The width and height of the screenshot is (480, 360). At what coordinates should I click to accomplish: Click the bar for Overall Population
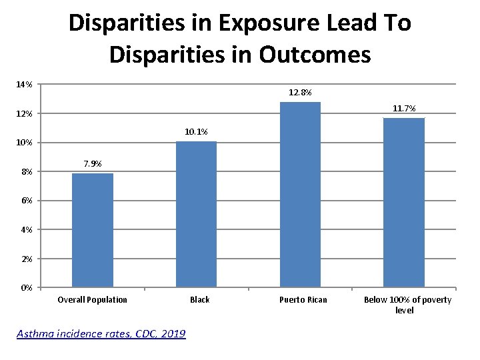(93, 230)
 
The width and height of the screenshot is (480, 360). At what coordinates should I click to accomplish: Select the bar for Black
(196, 214)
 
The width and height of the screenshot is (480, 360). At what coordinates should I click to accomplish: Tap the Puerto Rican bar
(300, 195)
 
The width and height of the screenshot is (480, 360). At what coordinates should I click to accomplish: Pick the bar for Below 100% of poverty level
(404, 203)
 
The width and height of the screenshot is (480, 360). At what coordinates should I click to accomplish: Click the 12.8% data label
(300, 92)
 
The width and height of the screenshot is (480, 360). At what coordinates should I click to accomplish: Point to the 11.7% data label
(404, 108)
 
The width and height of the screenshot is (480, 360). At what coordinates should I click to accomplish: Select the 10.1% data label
(196, 131)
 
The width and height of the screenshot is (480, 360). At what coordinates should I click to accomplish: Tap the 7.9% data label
(93, 163)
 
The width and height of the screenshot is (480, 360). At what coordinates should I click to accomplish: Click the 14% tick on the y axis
(24, 85)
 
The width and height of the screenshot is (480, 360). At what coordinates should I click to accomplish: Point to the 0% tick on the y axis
(26, 288)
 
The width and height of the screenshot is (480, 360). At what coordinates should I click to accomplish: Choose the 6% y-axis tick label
(26, 201)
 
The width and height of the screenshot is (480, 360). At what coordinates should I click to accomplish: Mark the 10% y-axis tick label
(24, 143)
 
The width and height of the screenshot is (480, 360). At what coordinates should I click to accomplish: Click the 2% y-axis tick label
(26, 259)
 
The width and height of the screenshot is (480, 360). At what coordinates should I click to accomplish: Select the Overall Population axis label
(93, 300)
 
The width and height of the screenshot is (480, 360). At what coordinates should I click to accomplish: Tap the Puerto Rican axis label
(303, 300)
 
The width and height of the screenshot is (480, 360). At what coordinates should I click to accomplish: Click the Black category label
(199, 300)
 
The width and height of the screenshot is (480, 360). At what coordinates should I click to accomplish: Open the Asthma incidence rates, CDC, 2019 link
(101, 333)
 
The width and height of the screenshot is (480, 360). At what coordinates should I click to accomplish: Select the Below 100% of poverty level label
(407, 305)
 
